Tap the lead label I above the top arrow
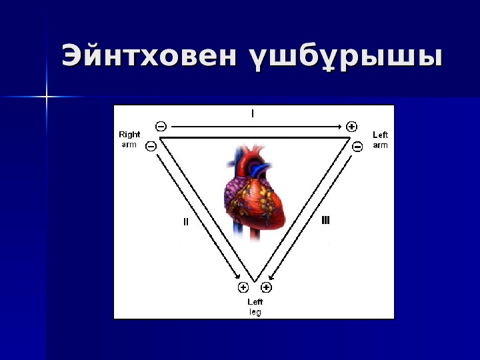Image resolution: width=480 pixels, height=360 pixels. [252, 114]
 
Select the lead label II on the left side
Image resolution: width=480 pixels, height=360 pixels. [186, 223]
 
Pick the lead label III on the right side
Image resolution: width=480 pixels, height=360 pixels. [325, 219]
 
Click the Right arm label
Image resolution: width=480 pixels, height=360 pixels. [129, 139]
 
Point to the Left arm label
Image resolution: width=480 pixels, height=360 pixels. [380, 139]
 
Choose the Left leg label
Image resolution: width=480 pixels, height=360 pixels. [255, 307]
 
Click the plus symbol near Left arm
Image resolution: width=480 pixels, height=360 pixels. [352, 126]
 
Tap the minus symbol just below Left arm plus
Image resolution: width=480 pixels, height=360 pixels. [357, 146]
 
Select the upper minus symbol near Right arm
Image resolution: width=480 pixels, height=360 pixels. [161, 126]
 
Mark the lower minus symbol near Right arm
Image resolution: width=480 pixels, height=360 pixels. [151, 145]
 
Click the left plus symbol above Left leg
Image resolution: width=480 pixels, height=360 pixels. [243, 287]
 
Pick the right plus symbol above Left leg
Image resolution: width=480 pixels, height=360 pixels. [266, 287]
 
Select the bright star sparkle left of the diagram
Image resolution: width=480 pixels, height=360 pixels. [47, 97]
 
